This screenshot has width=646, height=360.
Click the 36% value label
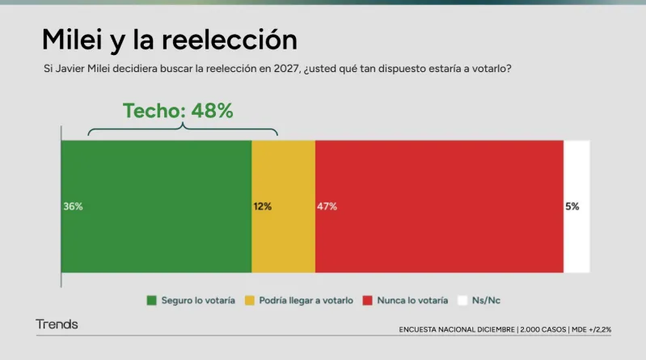[x=73, y=206]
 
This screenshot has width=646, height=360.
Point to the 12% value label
[x=262, y=206]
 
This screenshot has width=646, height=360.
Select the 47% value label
[x=327, y=206]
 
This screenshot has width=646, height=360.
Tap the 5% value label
[x=572, y=206]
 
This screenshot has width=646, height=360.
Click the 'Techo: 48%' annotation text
[x=178, y=112]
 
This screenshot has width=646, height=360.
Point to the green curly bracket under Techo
[x=183, y=129]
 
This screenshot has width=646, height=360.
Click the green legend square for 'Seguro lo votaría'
[x=151, y=300]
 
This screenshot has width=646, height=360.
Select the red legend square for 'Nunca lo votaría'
[x=369, y=300]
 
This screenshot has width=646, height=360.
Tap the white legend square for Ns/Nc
[x=463, y=300]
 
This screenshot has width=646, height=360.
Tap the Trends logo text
[x=57, y=324]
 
